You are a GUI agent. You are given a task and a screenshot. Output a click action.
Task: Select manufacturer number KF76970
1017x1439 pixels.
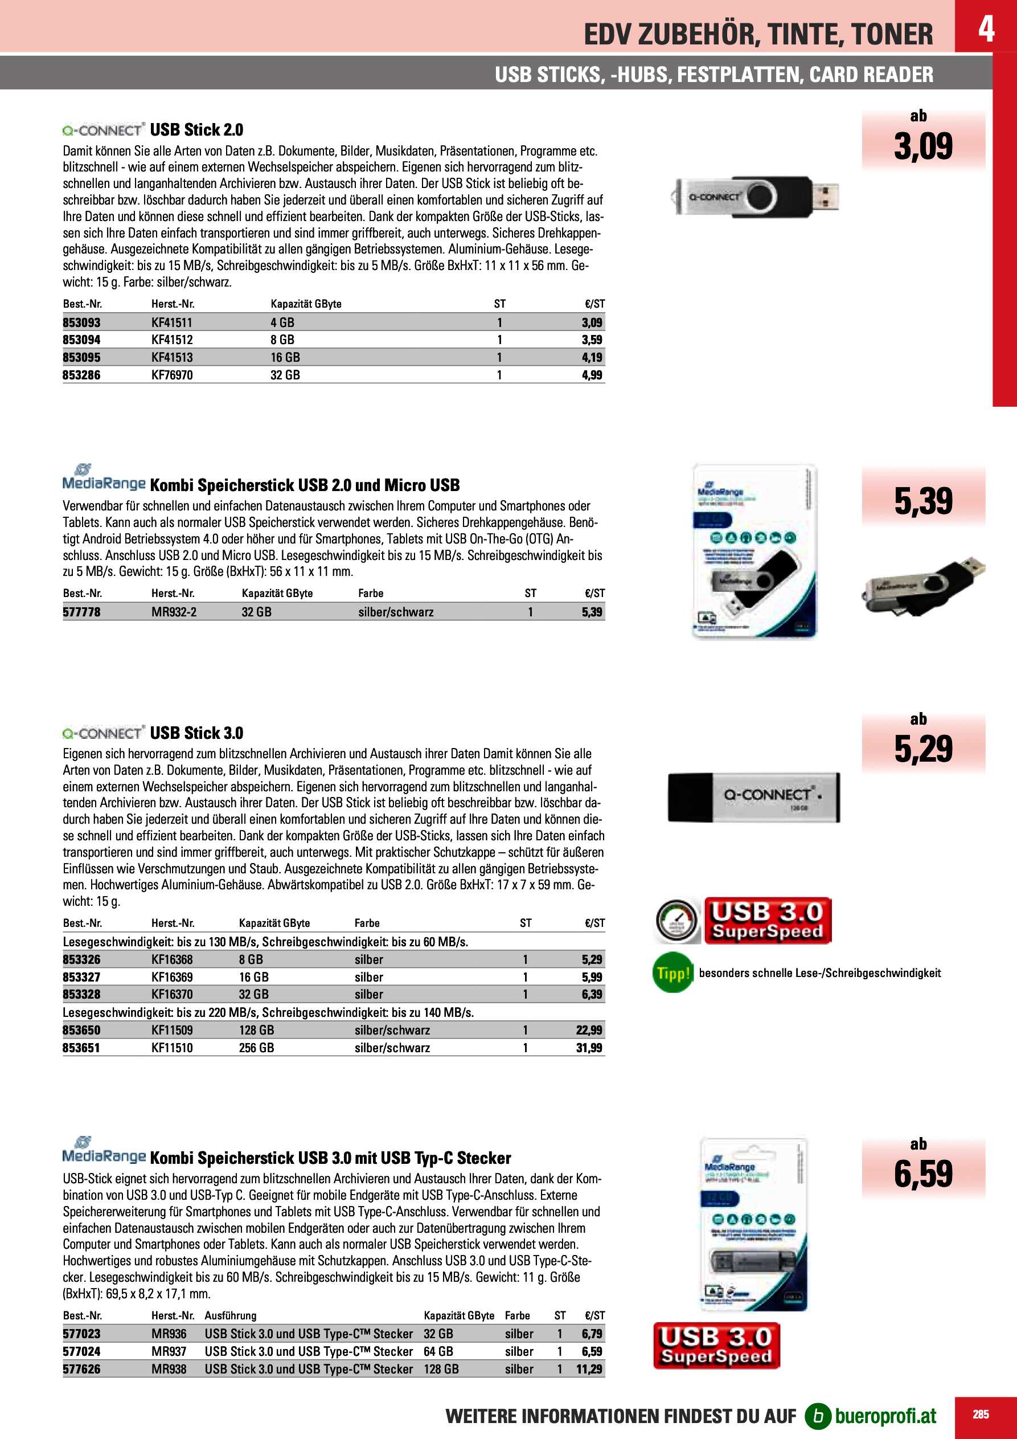pos(172,375)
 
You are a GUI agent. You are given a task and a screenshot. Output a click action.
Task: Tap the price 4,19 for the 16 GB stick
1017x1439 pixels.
pos(592,357)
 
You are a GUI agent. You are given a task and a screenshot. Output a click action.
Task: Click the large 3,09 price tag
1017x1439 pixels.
pos(922,146)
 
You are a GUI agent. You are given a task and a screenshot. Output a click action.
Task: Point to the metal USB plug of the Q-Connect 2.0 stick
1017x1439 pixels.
pos(825,195)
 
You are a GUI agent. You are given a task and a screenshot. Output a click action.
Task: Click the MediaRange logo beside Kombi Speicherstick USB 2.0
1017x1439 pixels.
pos(104,480)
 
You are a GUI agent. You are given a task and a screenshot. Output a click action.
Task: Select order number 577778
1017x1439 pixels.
pos(81,612)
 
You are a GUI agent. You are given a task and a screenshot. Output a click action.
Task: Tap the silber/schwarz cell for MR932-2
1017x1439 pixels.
pos(395,612)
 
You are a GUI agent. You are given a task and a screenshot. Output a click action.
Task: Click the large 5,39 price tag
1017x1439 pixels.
pos(922,501)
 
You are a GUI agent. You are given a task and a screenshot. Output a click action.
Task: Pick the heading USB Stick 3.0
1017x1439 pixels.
pos(196,733)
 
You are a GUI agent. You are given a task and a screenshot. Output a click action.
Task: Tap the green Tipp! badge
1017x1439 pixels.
pos(673,972)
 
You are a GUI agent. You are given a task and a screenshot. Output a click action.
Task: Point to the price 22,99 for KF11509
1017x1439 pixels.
pos(588,1030)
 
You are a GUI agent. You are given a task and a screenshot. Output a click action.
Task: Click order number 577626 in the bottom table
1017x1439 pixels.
pos(81,1369)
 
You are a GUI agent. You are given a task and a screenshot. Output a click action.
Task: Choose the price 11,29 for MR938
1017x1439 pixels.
pos(588,1369)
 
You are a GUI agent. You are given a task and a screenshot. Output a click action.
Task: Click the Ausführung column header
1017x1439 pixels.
pos(230,1315)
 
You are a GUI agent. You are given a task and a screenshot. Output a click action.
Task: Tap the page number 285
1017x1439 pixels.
pos(981,1415)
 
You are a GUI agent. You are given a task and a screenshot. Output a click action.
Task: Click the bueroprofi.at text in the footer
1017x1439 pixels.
pos(885,1416)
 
